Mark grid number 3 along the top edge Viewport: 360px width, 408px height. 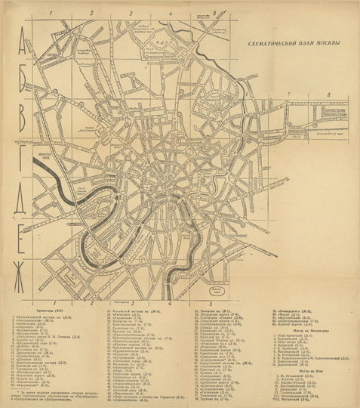(129, 13)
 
